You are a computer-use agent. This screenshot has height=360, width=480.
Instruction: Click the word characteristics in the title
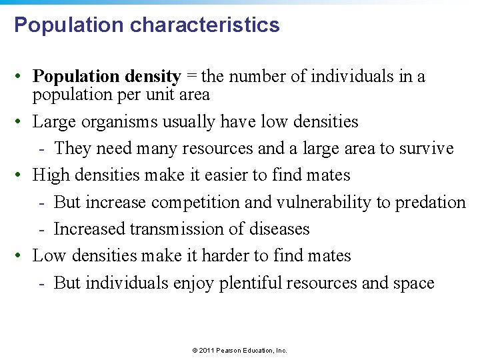pyautogui.click(x=205, y=25)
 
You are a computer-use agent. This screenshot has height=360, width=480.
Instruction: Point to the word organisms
pyautogui.click(x=117, y=122)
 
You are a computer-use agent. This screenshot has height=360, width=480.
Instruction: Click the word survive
pyautogui.click(x=426, y=149)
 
